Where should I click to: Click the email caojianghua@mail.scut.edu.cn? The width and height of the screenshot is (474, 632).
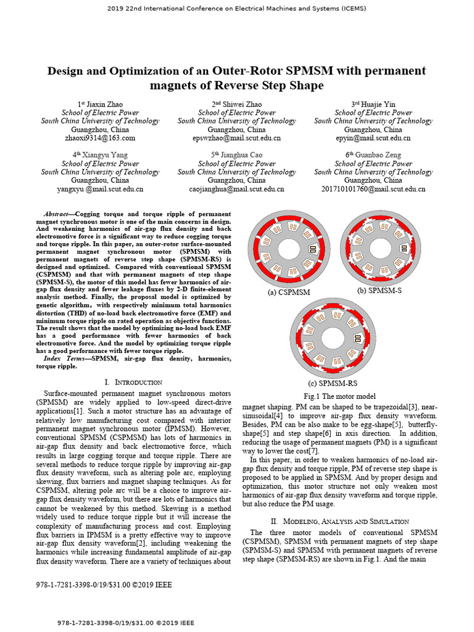236,189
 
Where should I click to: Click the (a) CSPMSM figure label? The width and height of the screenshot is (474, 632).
289,293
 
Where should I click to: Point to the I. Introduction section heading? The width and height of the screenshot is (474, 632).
134,383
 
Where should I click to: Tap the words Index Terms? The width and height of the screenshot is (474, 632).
65,359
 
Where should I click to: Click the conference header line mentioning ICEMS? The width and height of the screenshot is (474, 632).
237,8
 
